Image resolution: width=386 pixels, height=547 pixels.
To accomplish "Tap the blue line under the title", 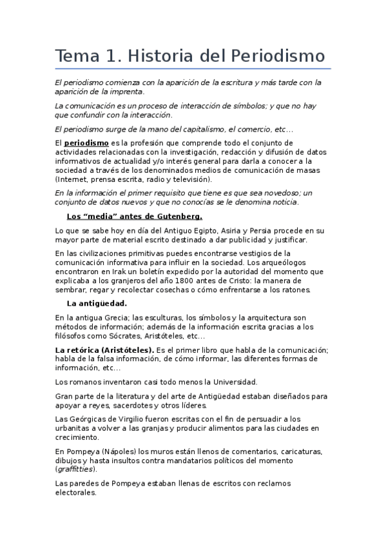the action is [x=193, y=68].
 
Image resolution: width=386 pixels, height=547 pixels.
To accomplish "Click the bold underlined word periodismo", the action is [x=86, y=143].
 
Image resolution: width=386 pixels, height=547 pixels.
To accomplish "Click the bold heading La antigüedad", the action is [x=97, y=303].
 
